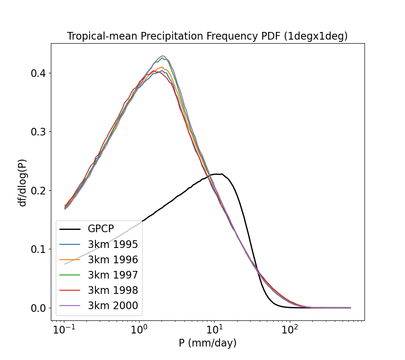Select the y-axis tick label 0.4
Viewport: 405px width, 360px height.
pos(38,73)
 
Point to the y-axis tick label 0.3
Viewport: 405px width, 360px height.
pos(38,132)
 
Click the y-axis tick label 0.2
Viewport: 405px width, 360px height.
pos(38,190)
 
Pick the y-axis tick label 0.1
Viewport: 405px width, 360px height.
pos(38,249)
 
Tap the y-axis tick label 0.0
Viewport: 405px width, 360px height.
pos(38,308)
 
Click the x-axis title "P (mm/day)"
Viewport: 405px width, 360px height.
pos(207,343)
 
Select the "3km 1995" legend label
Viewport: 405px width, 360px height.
pos(112,244)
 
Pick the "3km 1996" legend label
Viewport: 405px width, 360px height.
pos(112,260)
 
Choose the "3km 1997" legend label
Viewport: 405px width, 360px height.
pos(112,275)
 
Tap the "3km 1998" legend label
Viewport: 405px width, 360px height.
pos(112,291)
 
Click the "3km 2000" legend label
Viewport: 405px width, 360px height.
pos(112,306)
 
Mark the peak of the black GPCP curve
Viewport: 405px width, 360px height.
pos(217,174)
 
